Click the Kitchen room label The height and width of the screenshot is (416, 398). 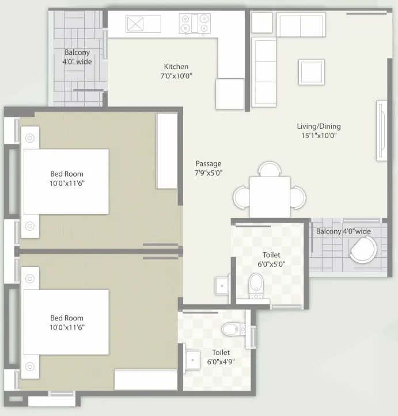click(x=176, y=67)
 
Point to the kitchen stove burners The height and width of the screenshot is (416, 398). click(x=196, y=25)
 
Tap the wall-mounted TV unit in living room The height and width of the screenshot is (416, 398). click(x=381, y=131)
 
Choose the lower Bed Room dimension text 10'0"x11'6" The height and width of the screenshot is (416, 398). click(x=67, y=327)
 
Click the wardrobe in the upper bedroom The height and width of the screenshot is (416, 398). click(x=166, y=151)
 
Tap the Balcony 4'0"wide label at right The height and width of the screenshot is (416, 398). click(x=343, y=231)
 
